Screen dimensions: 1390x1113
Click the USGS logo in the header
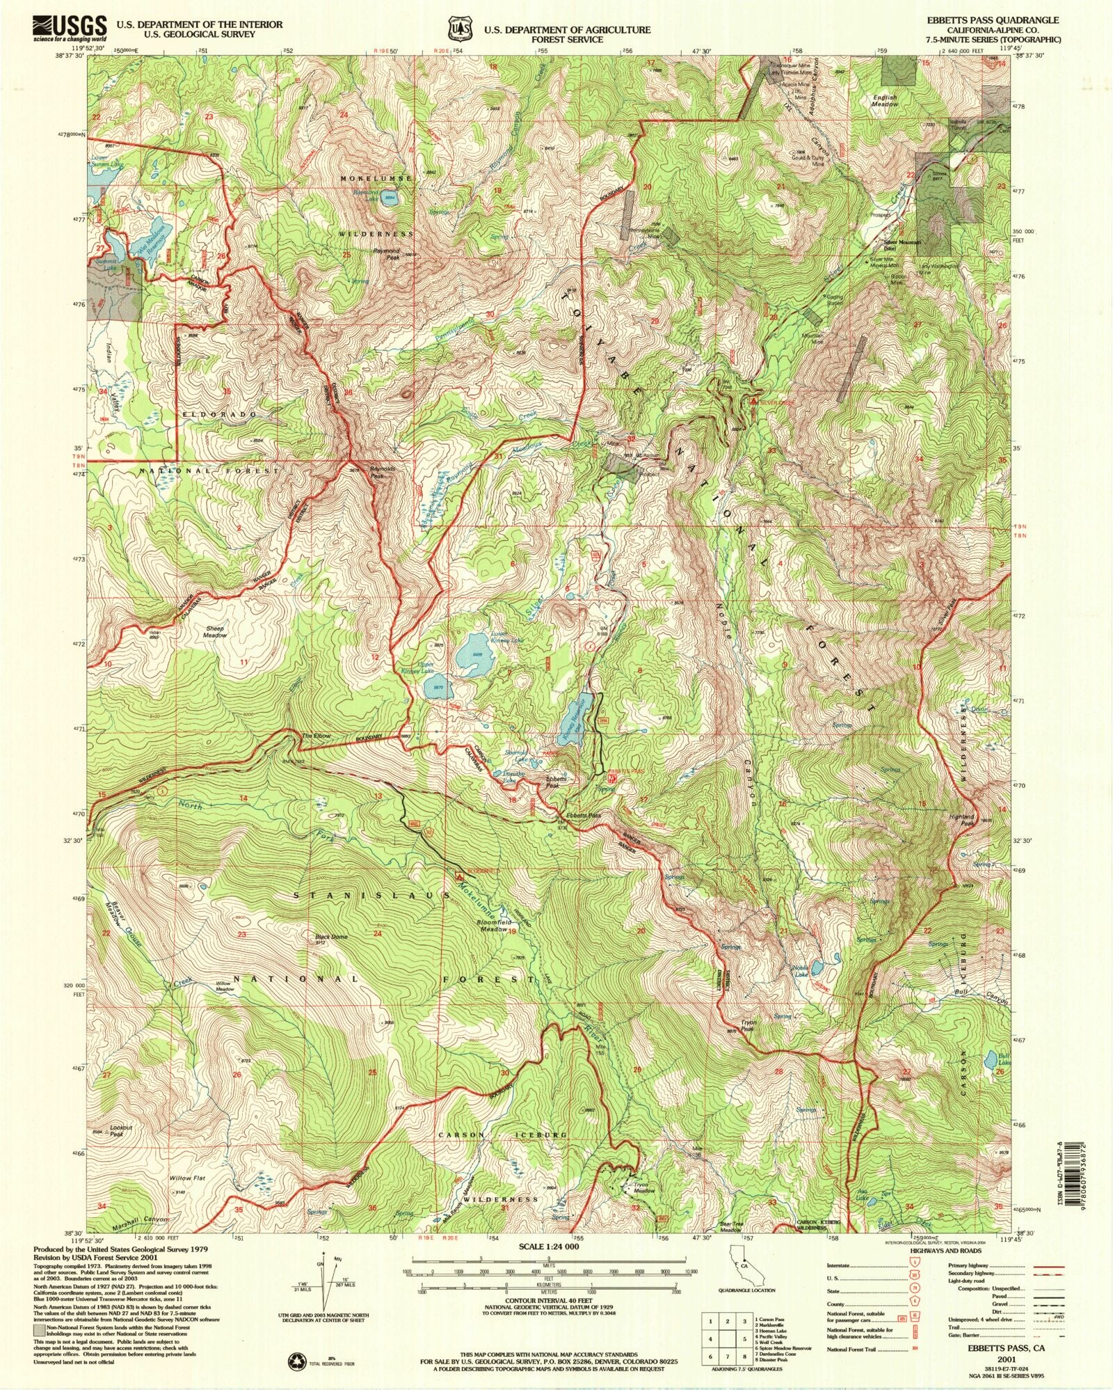tap(69, 29)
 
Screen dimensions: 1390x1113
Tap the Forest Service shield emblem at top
tap(457, 31)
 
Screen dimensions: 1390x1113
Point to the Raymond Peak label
tap(387, 253)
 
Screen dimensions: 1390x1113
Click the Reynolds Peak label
tap(382, 473)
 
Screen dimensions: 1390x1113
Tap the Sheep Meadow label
tap(215, 631)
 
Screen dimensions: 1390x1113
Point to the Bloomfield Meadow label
tap(493, 926)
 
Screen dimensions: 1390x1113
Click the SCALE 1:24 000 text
tap(550, 1247)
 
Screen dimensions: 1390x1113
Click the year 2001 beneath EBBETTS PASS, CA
tap(1005, 1357)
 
